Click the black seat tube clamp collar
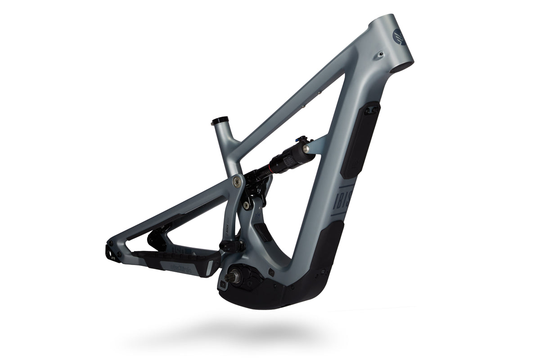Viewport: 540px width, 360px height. pos(220,121)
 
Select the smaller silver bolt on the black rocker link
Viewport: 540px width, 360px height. pos(246,205)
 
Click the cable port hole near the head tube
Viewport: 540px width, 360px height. pos(381,54)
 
